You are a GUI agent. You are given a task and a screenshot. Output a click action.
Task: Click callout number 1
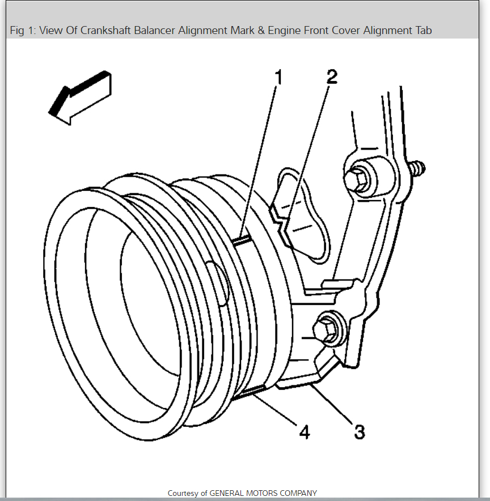278,77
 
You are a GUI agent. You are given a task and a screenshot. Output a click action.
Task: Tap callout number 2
332,77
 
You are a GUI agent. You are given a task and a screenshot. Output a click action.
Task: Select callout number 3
359,432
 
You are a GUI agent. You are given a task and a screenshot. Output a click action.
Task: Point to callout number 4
305,432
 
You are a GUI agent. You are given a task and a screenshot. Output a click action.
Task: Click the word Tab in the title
423,31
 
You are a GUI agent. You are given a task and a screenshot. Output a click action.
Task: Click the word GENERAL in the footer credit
227,494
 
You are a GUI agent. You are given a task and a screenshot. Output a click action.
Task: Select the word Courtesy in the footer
183,494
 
